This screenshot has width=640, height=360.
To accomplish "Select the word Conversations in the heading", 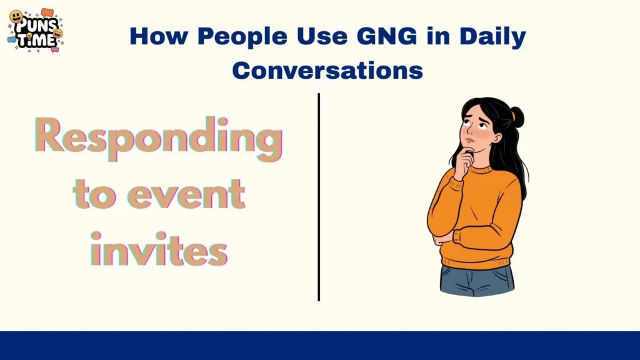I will [327, 70].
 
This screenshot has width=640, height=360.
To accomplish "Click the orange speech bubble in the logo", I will [47, 12].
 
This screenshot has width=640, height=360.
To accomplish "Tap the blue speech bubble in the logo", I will [11, 39].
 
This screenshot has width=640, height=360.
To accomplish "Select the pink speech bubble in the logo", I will [55, 47].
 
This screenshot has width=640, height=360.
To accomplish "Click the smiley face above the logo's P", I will [16, 17].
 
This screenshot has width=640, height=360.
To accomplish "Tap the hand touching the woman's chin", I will [464, 161].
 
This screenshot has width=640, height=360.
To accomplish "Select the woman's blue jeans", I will [476, 279].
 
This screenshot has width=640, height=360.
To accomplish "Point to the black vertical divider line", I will [319, 197].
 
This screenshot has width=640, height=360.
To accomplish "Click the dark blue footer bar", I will [320, 346].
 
